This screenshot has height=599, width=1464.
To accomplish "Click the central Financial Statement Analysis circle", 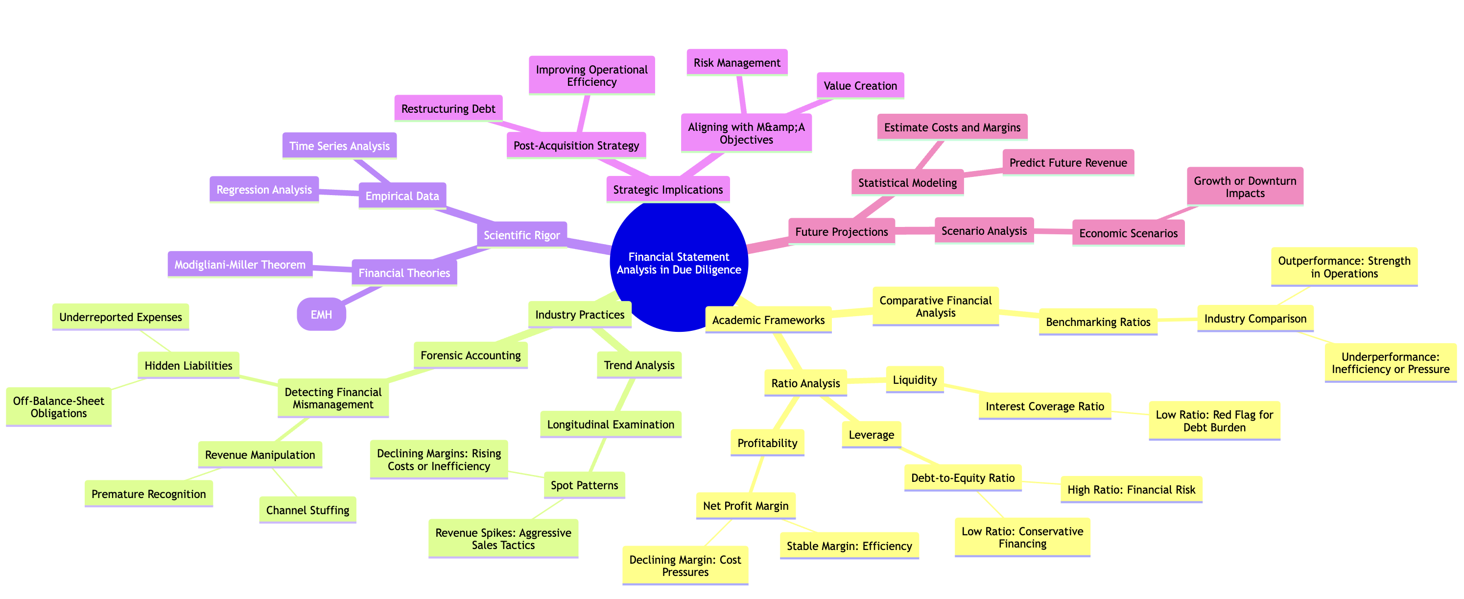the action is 679,263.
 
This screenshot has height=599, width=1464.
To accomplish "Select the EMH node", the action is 321,314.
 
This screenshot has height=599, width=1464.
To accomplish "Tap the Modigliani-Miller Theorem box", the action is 240,265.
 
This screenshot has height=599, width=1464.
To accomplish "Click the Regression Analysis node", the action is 264,189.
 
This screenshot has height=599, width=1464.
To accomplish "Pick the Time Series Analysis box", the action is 339,146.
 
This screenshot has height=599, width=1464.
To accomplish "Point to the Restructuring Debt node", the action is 449,109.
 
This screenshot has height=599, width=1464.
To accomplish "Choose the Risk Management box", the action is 737,63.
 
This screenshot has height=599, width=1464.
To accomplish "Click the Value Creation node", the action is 860,86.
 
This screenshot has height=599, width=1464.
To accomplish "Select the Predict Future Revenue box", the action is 1068,163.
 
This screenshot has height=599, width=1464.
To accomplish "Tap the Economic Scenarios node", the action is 1129,233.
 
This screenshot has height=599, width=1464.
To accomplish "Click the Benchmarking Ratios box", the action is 1098,322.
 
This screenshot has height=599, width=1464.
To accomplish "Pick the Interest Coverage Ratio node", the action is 1044,406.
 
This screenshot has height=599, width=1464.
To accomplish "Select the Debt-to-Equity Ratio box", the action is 963,478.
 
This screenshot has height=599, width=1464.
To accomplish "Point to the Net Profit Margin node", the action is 746,506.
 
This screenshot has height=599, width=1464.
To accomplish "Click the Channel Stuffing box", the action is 307,510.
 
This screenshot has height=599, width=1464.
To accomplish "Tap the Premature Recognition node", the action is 149,494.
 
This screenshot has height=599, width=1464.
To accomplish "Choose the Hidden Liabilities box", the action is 188,365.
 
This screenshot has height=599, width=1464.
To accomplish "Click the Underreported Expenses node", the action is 120,317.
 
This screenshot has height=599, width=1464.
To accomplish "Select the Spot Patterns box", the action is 584,485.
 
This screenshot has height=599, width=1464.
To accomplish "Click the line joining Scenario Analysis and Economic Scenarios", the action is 1053,231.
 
